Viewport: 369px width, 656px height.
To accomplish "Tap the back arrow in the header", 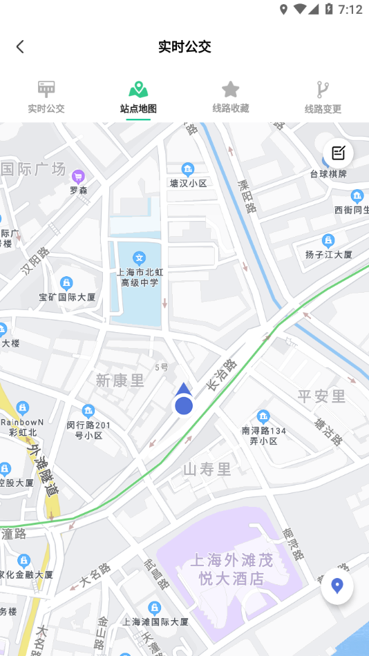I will click(x=20, y=46).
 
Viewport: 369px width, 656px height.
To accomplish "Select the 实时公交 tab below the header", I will click(x=46, y=97).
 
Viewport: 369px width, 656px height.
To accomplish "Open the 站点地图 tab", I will click(x=138, y=97).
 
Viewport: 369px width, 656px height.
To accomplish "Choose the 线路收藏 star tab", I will click(x=230, y=97).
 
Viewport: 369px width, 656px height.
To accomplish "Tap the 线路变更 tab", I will click(x=323, y=97).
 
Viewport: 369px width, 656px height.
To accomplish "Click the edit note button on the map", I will click(x=338, y=153).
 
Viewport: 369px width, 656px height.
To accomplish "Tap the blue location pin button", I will click(x=337, y=588).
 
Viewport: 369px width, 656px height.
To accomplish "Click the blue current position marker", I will click(x=183, y=405).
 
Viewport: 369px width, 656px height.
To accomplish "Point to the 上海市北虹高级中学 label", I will click(x=140, y=277).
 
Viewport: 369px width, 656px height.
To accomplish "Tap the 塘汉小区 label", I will click(x=188, y=183).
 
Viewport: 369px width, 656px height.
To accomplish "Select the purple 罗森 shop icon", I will click(x=78, y=177).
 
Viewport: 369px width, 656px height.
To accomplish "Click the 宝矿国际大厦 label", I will click(x=67, y=298).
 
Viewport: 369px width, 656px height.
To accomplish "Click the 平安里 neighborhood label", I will click(x=321, y=396).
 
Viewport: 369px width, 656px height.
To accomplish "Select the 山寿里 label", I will click(x=207, y=470).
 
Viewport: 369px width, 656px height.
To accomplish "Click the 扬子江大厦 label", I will click(x=329, y=254).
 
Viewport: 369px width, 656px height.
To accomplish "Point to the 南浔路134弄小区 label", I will click(x=263, y=435).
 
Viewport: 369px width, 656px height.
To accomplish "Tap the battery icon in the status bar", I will click(x=330, y=9).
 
